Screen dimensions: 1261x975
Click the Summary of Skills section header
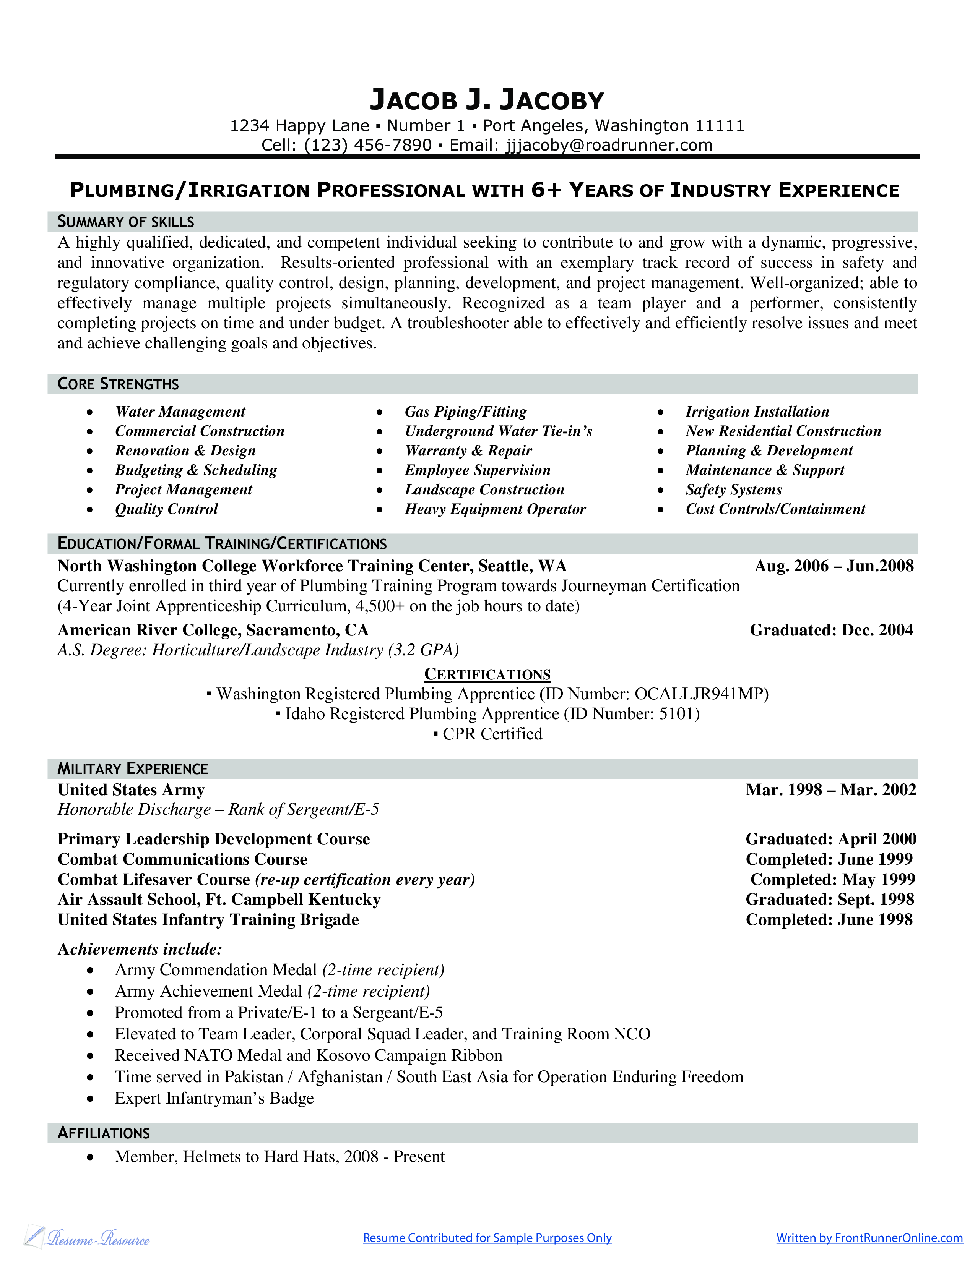(125, 222)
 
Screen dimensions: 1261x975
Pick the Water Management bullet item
(180, 412)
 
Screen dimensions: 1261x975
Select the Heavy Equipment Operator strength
(495, 509)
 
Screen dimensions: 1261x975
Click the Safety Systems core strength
(734, 489)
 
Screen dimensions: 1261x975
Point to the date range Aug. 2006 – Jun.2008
(834, 566)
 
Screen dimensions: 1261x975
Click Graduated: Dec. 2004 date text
(831, 630)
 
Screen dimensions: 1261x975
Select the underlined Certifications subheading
(487, 674)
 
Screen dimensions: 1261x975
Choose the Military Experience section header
(132, 768)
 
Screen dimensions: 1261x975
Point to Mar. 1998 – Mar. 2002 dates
(830, 790)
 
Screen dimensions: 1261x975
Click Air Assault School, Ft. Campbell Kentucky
(219, 900)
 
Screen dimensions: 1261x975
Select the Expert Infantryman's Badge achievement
(214, 1098)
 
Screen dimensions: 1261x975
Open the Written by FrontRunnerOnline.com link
(869, 1238)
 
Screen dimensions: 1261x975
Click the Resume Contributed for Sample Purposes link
(487, 1238)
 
